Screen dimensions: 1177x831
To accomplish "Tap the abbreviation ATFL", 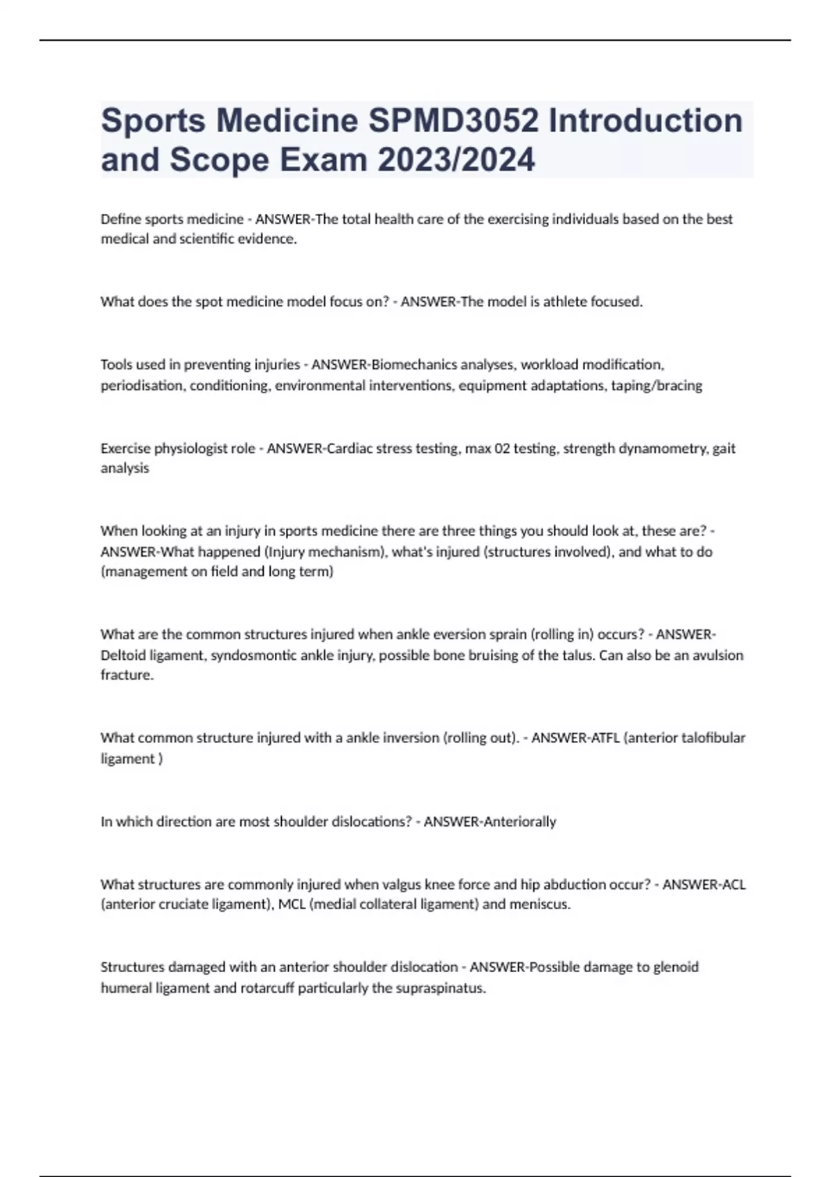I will click(x=604, y=738).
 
